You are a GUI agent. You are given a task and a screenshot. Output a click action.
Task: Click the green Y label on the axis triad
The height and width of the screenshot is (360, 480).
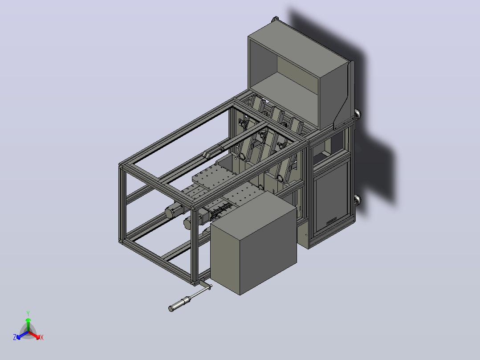[28, 313]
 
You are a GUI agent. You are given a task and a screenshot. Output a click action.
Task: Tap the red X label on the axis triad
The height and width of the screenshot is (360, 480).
[42, 337]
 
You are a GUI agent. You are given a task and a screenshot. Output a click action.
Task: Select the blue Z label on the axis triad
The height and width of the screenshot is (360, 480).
[15, 337]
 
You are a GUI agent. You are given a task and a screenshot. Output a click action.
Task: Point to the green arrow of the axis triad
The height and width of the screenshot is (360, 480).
[28, 325]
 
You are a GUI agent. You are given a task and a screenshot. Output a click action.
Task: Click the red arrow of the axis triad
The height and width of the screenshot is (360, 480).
[34, 335]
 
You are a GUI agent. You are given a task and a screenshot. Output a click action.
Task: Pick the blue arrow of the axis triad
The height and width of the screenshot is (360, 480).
[22, 335]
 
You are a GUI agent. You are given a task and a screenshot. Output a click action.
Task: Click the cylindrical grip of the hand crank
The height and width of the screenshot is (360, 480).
[179, 304]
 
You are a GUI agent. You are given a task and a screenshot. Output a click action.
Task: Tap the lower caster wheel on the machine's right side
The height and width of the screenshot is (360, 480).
[358, 200]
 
